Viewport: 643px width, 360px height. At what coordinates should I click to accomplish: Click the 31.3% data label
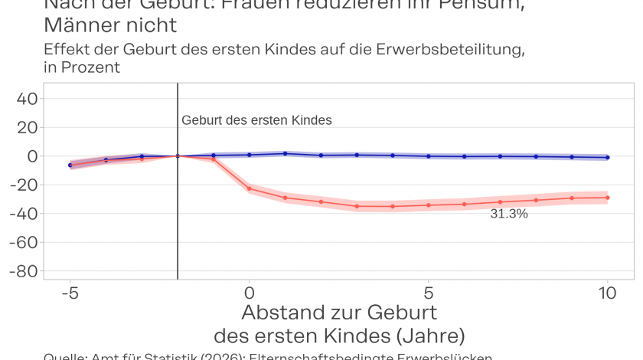click(x=509, y=214)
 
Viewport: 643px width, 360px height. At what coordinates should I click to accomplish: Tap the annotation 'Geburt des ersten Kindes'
click(x=256, y=120)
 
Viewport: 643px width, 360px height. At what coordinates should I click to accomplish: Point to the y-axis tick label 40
click(x=28, y=98)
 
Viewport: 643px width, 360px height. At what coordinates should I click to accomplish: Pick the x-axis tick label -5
click(x=70, y=293)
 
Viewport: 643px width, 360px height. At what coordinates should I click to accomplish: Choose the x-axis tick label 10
click(x=608, y=293)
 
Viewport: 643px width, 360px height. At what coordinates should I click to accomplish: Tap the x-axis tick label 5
click(x=429, y=293)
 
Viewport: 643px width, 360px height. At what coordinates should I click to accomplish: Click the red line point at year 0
click(x=249, y=188)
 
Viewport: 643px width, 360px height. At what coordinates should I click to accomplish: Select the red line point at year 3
click(x=357, y=206)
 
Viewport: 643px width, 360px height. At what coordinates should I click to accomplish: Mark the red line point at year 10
click(x=608, y=198)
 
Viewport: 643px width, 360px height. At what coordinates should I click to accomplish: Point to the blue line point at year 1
click(x=285, y=153)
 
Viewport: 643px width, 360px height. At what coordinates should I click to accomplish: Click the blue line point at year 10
click(x=608, y=157)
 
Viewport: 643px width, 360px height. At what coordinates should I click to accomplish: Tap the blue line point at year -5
click(x=70, y=165)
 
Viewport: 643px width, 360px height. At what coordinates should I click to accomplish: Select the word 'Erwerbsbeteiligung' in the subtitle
click(x=450, y=50)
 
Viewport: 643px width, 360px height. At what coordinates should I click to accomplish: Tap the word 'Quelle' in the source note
click(x=64, y=356)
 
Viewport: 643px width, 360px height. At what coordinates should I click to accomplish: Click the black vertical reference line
click(x=178, y=230)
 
